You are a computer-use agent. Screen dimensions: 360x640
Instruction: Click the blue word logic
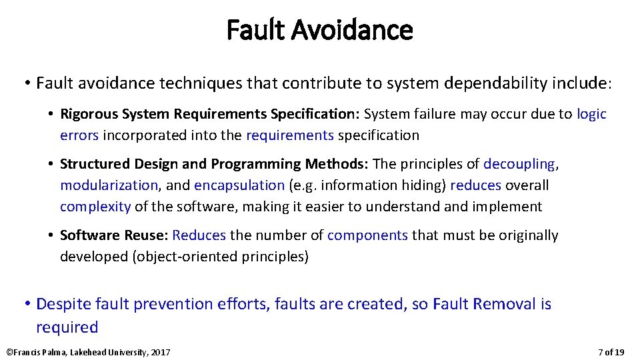(591, 114)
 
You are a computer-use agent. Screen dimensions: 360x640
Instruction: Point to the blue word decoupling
(519, 164)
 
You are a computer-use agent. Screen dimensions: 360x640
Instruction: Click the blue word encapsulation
(239, 185)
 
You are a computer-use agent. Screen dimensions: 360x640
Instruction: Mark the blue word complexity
(95, 207)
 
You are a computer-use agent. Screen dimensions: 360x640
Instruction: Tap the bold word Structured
(92, 164)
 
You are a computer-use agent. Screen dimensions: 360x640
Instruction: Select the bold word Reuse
(147, 235)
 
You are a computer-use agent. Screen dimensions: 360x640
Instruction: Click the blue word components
(367, 235)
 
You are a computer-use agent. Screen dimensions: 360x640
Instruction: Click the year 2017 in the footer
(160, 352)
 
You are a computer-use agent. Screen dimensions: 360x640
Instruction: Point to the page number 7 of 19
(611, 352)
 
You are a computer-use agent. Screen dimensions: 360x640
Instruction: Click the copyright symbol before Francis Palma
(9, 352)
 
